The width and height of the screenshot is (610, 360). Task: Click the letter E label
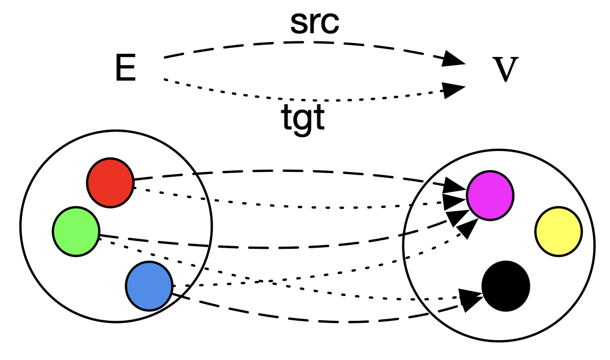[x=126, y=70]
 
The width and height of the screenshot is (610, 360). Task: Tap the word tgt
[x=303, y=119]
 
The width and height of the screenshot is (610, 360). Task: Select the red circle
[x=110, y=183]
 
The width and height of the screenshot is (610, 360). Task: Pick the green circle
[x=76, y=232]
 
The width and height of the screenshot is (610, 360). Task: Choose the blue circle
[x=149, y=286]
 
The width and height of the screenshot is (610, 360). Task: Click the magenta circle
[x=490, y=196]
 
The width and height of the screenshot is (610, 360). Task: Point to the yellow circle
[x=558, y=232]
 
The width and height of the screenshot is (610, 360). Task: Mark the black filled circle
[x=505, y=286]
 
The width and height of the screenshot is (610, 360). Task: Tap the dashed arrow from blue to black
[x=322, y=321]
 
